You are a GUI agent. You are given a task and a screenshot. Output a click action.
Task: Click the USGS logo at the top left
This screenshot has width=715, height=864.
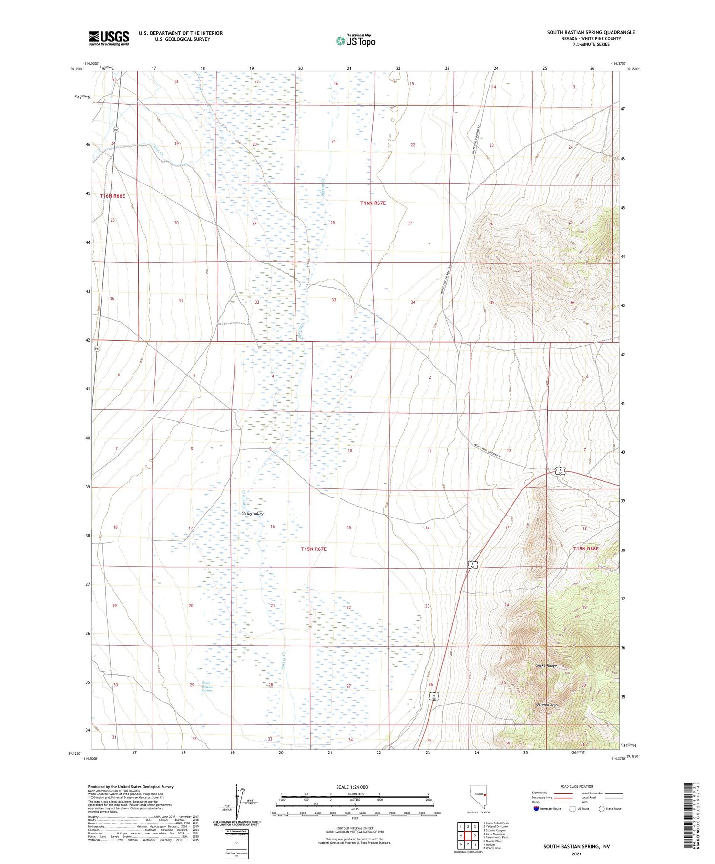click(109, 38)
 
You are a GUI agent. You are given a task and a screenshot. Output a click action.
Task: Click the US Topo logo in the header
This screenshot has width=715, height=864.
click(355, 41)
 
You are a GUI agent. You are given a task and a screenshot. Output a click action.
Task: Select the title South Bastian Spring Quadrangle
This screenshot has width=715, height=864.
click(591, 32)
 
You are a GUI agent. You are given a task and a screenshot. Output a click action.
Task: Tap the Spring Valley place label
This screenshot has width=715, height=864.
click(252, 514)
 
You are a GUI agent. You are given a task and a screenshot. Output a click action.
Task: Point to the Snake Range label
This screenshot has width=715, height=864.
click(546, 665)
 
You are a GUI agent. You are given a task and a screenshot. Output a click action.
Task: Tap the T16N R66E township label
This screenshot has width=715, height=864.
click(112, 196)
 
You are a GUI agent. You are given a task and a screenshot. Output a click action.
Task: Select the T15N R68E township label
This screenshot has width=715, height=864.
click(585, 549)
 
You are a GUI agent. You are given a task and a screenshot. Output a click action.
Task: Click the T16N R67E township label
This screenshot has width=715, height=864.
click(373, 203)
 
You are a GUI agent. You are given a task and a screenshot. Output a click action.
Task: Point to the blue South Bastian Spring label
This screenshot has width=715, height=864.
click(206, 686)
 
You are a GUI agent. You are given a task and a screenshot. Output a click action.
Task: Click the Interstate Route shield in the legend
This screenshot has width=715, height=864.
click(536, 808)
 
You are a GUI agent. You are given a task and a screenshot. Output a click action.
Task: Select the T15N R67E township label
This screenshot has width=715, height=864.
click(314, 549)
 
